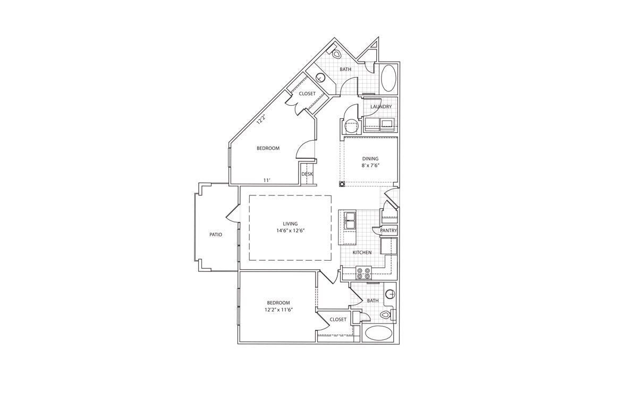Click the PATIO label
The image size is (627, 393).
pyautogui.click(x=215, y=234)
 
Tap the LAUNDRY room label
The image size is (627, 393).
pyautogui.click(x=381, y=107)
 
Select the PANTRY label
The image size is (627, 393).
pyautogui.click(x=388, y=230)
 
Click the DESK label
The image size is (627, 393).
pyautogui.click(x=307, y=174)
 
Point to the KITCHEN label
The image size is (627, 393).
pyautogui.click(x=362, y=252)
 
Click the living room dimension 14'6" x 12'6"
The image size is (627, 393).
pyautogui.click(x=290, y=230)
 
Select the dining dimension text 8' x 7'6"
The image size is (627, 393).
pyautogui.click(x=370, y=165)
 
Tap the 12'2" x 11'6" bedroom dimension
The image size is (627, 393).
pyautogui.click(x=278, y=310)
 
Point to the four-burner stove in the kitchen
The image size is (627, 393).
pyautogui.click(x=364, y=273)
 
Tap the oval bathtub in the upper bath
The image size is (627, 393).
pyautogui.click(x=388, y=78)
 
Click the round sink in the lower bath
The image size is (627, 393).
pyautogui.click(x=391, y=293)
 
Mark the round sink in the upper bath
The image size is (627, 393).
pyautogui.click(x=320, y=78)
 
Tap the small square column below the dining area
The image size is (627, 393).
pyautogui.click(x=342, y=184)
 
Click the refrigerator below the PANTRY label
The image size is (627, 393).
pyautogui.click(x=389, y=246)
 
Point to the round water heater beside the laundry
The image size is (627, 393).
pyautogui.click(x=351, y=126)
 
